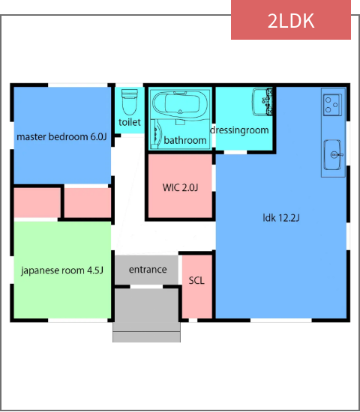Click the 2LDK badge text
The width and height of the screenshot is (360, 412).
tap(291, 21)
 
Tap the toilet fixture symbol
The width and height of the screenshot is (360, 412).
tap(130, 102)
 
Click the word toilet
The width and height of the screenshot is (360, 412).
tap(130, 122)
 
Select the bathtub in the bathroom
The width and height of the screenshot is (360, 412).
tap(181, 105)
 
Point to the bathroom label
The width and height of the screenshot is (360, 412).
tap(185, 140)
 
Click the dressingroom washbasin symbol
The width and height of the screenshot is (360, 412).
tap(262, 102)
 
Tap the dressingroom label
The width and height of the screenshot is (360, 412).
tap(239, 130)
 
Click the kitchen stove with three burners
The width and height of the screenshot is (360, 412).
tap(332, 105)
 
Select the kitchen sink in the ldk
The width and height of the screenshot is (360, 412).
tap(333, 155)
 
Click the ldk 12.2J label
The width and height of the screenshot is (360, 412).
tap(281, 218)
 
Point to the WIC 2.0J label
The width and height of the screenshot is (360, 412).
tap(180, 187)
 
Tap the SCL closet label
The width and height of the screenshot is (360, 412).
tap(196, 281)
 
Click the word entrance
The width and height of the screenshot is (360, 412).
tap(148, 270)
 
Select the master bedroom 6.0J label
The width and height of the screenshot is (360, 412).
tap(61, 137)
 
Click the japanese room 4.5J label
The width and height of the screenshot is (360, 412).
tap(62, 270)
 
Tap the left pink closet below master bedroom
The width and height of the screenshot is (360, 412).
tap(37, 202)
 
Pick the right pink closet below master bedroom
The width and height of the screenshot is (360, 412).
tap(88, 202)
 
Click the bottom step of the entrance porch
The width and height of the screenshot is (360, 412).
tap(146, 337)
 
